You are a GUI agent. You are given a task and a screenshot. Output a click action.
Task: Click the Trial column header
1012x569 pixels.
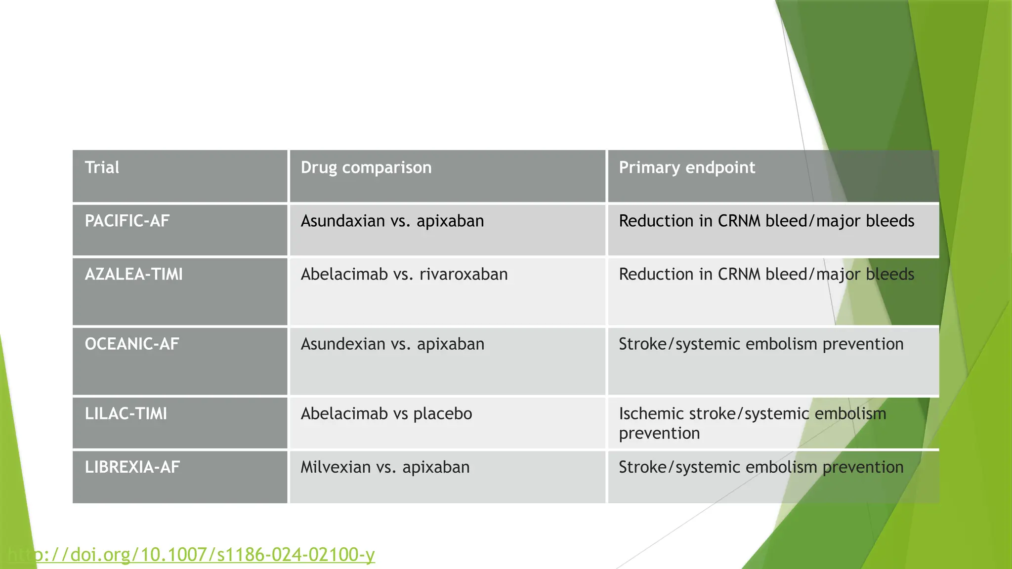[x=102, y=167]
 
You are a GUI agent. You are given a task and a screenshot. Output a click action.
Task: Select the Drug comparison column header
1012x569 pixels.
[x=366, y=167]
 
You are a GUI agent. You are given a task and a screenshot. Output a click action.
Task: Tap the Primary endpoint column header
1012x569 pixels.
[x=687, y=167]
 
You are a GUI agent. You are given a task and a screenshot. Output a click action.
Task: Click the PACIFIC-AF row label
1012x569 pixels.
[x=127, y=221]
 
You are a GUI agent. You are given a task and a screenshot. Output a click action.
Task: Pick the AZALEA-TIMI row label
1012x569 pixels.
[x=134, y=274]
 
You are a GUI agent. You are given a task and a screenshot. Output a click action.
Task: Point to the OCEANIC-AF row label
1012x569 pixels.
[x=132, y=344]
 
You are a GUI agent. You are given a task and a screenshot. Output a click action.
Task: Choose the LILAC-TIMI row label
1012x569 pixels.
[x=126, y=413]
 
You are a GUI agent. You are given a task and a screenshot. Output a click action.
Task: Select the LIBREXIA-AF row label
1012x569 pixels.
[x=132, y=467]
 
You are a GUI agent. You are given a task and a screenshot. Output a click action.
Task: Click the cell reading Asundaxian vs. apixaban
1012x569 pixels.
[x=392, y=221]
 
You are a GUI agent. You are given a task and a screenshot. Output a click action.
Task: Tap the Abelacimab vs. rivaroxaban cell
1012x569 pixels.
[x=404, y=274]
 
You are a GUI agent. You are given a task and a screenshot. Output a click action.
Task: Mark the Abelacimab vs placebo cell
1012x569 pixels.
[x=386, y=413]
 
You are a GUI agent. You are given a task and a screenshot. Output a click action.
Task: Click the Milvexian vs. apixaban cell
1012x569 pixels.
[x=385, y=467]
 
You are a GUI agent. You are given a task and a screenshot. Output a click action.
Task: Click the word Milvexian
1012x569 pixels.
[x=336, y=467]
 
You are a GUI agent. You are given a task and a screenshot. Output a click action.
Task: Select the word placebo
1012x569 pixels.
[x=443, y=414]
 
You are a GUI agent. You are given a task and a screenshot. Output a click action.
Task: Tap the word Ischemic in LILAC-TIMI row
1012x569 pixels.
[x=651, y=413]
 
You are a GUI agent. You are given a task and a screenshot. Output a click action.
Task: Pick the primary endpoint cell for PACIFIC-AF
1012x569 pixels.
[x=766, y=221]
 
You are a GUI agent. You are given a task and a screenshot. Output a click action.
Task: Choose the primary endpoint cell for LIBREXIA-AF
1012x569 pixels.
[x=761, y=467]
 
